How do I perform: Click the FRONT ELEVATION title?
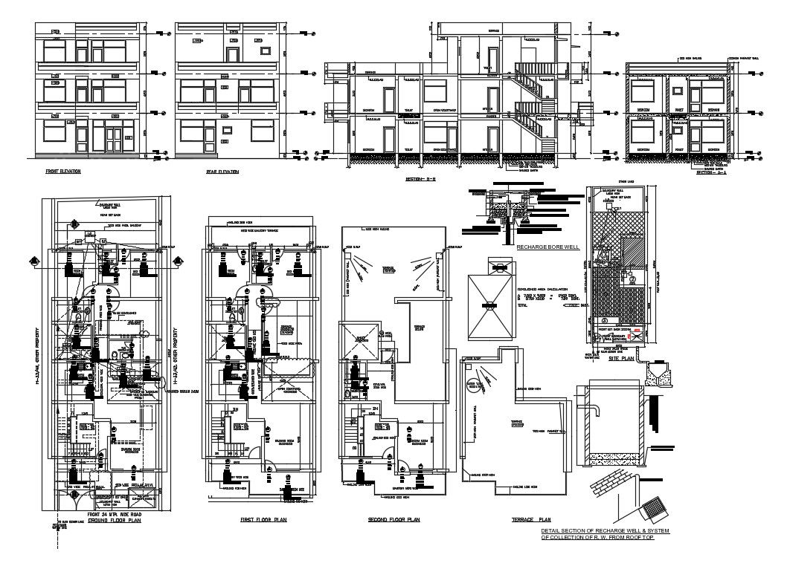(x=62, y=171)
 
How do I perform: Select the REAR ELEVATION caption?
(x=222, y=172)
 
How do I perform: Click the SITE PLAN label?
(x=620, y=357)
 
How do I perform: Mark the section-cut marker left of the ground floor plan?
(x=34, y=259)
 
